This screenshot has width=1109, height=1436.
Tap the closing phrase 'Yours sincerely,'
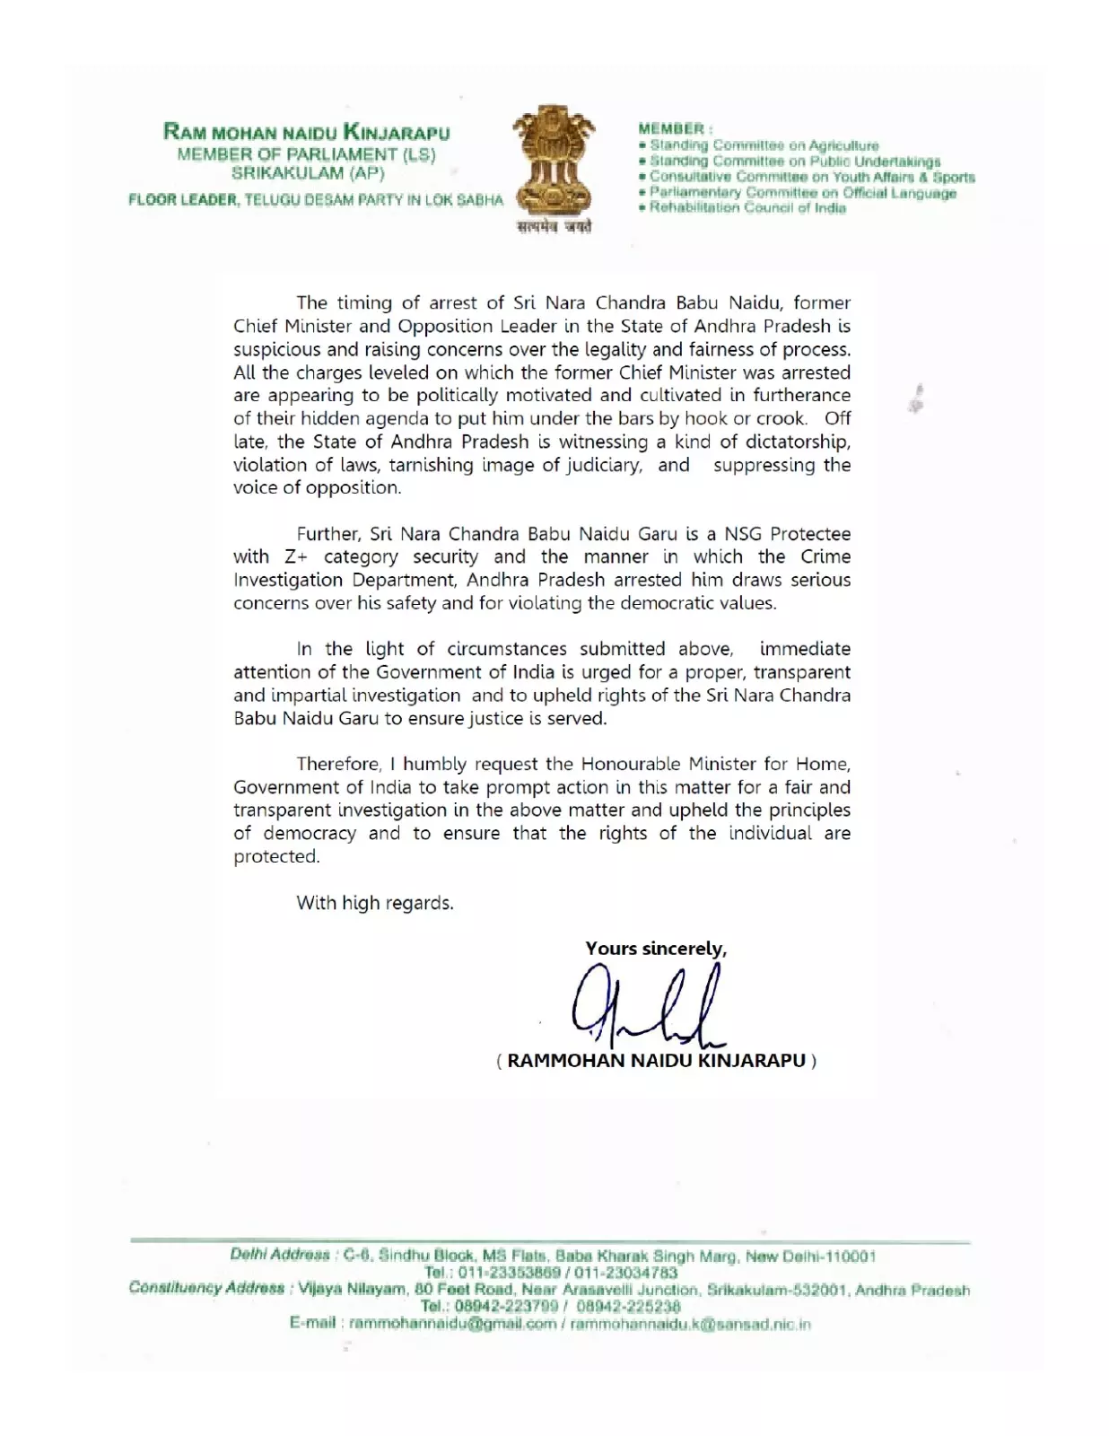click(656, 949)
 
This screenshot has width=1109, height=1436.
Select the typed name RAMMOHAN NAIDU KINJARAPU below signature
click(656, 1061)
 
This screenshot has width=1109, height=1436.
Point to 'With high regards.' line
click(375, 903)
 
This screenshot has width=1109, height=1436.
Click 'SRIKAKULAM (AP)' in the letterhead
click(307, 174)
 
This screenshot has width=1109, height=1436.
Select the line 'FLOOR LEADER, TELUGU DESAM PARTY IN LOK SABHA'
click(316, 200)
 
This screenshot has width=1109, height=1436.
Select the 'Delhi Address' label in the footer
click(280, 1256)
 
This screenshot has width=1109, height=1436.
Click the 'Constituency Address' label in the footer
click(206, 1289)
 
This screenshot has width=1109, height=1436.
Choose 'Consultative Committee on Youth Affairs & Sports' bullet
click(812, 177)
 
